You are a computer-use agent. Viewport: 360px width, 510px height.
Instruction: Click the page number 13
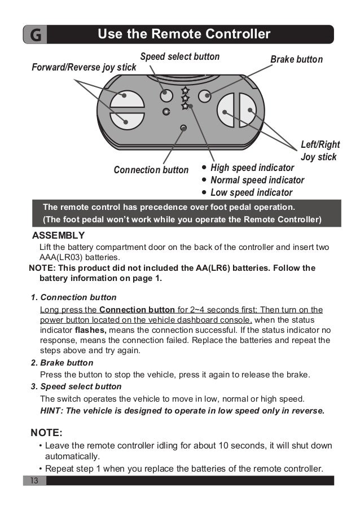34,481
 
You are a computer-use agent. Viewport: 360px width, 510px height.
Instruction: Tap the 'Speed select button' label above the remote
179,57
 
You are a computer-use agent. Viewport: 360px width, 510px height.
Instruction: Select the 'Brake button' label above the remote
296,59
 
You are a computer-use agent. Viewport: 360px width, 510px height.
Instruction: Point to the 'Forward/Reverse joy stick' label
84,68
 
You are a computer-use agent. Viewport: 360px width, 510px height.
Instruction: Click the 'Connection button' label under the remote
151,170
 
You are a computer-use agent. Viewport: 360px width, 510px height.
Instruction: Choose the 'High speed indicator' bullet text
252,168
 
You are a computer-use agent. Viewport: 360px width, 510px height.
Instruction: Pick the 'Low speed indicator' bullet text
251,193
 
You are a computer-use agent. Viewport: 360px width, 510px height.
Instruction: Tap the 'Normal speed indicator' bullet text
257,181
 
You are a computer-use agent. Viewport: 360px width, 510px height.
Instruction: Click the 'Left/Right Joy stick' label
319,151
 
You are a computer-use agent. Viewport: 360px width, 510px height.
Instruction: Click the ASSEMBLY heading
59,235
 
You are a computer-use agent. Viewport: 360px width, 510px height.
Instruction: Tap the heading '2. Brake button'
62,363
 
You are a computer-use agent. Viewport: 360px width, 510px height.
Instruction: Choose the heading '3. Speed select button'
76,386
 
